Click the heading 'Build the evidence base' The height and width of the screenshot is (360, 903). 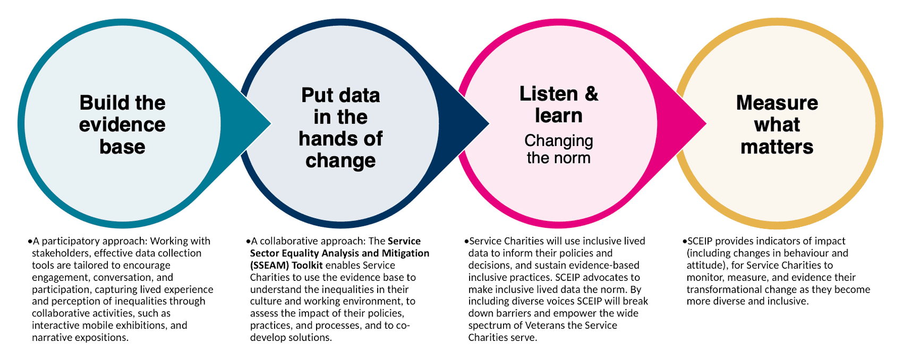coord(122,125)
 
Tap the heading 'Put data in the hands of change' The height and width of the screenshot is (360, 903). coord(340,128)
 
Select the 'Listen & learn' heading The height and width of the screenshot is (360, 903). coord(558,105)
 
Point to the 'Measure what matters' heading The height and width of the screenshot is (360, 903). coord(777,125)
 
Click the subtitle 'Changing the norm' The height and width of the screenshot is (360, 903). coord(558,149)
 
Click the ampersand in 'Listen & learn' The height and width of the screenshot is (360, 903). coord(591,94)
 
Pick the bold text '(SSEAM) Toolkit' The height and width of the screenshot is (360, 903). coord(286,265)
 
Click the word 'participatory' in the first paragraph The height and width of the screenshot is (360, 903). coord(67,241)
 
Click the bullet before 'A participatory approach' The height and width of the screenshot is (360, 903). coord(30,242)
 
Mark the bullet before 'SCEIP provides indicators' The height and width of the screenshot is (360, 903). coord(684,242)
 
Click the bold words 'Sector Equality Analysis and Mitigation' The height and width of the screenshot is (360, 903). coord(339,253)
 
